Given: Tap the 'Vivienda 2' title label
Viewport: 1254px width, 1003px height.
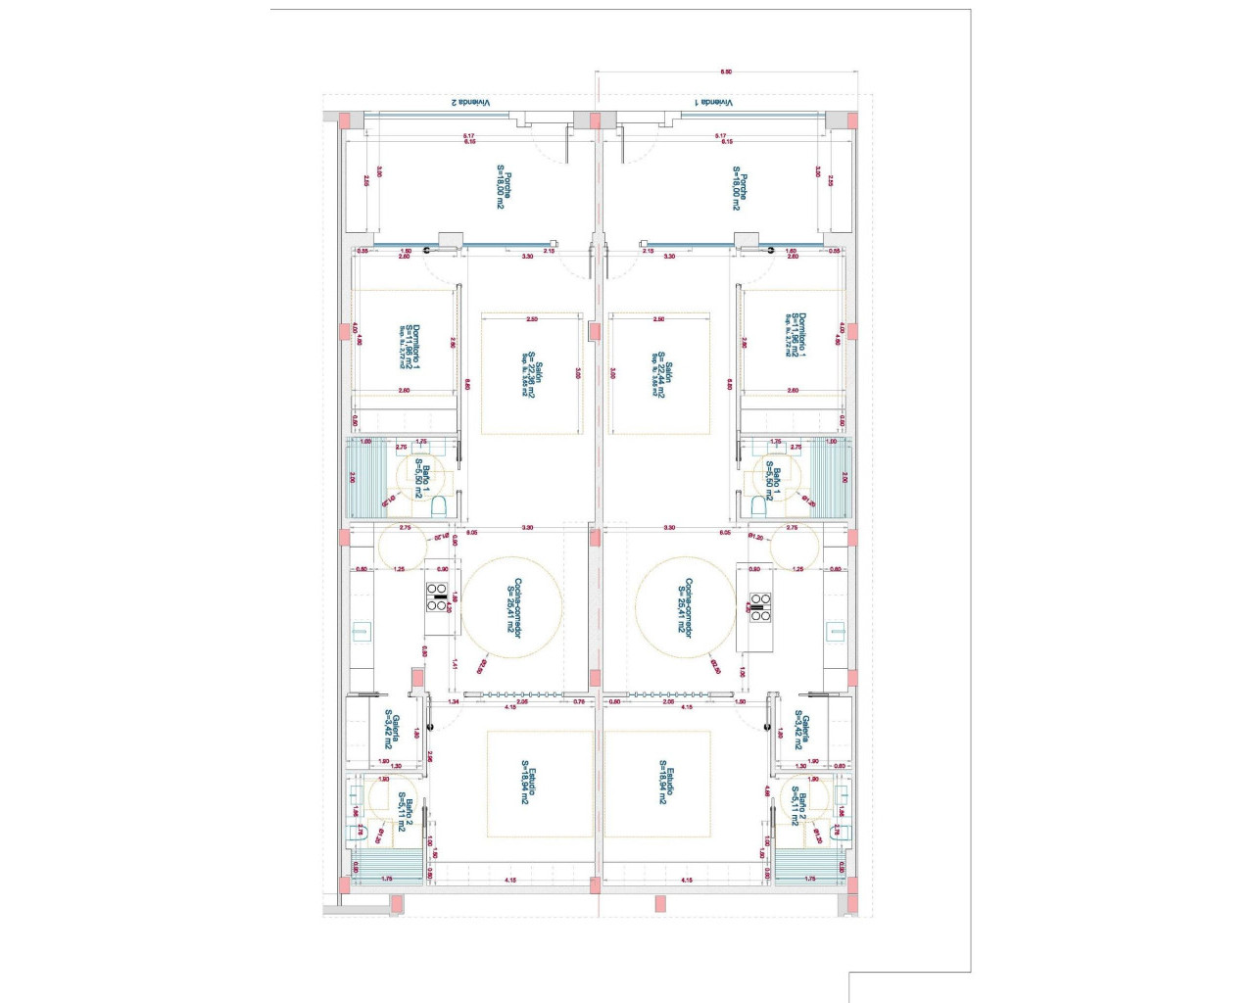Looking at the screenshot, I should tap(470, 102).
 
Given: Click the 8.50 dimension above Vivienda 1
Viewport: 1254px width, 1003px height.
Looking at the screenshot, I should tap(726, 72).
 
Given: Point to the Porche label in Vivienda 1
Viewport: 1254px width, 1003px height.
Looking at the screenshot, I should tap(739, 187).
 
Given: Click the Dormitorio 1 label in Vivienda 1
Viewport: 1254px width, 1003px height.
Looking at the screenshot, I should tap(797, 334).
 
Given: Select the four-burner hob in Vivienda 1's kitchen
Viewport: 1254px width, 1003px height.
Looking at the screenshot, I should tap(760, 607).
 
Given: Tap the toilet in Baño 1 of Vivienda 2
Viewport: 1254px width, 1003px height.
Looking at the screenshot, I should tap(439, 505).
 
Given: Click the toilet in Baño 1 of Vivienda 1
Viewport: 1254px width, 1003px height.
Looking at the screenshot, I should tap(758, 505).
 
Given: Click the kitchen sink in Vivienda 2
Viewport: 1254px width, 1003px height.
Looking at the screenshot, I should tap(362, 632).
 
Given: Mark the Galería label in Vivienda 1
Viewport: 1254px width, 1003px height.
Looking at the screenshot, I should tap(802, 730).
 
